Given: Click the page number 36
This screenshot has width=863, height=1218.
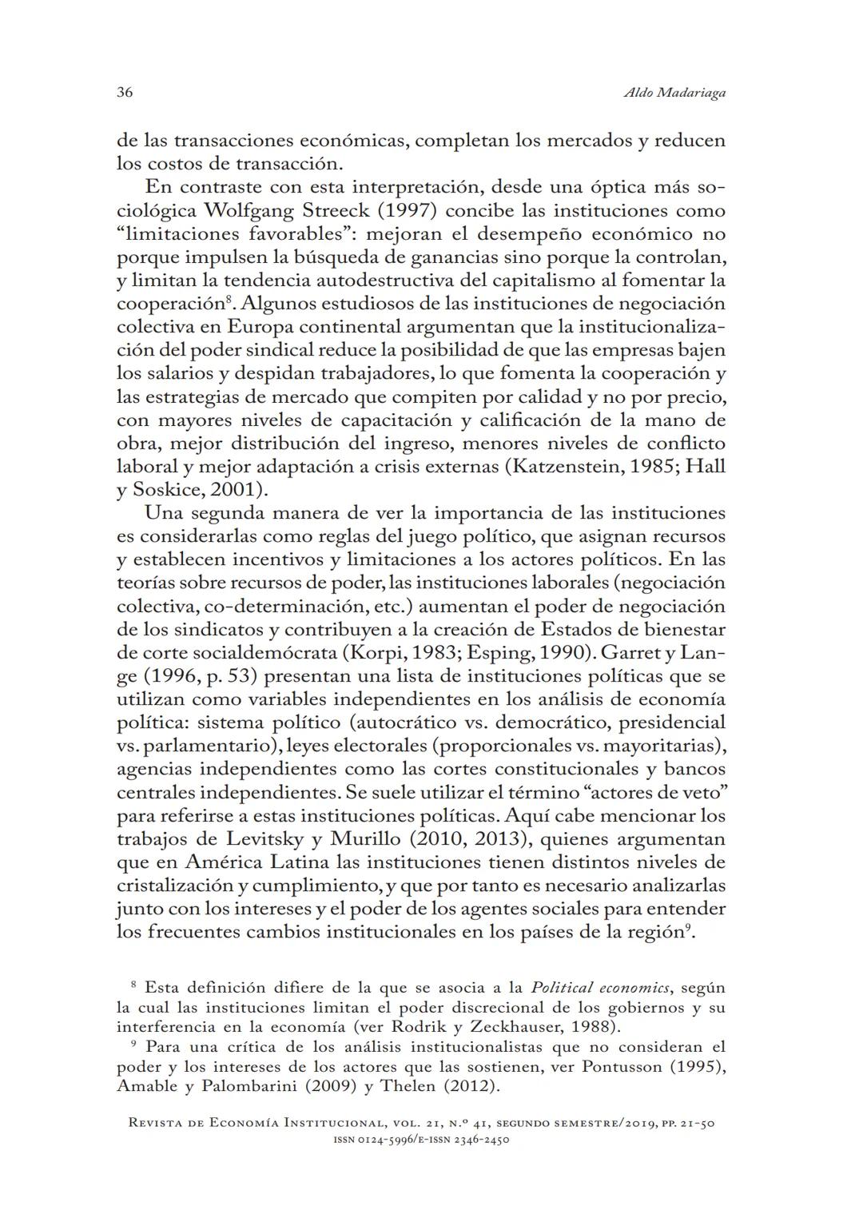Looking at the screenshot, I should point(125,93).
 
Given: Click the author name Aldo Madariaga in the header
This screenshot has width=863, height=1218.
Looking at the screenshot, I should point(674,94).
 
